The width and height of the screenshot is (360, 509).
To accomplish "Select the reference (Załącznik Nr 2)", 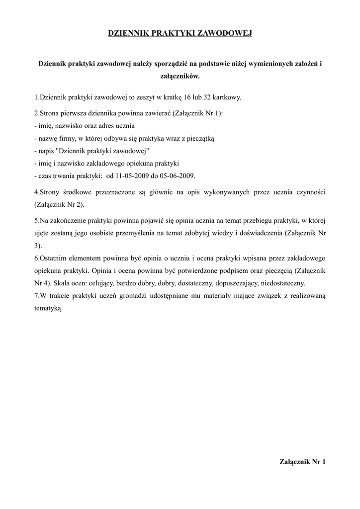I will tap(59, 204).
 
